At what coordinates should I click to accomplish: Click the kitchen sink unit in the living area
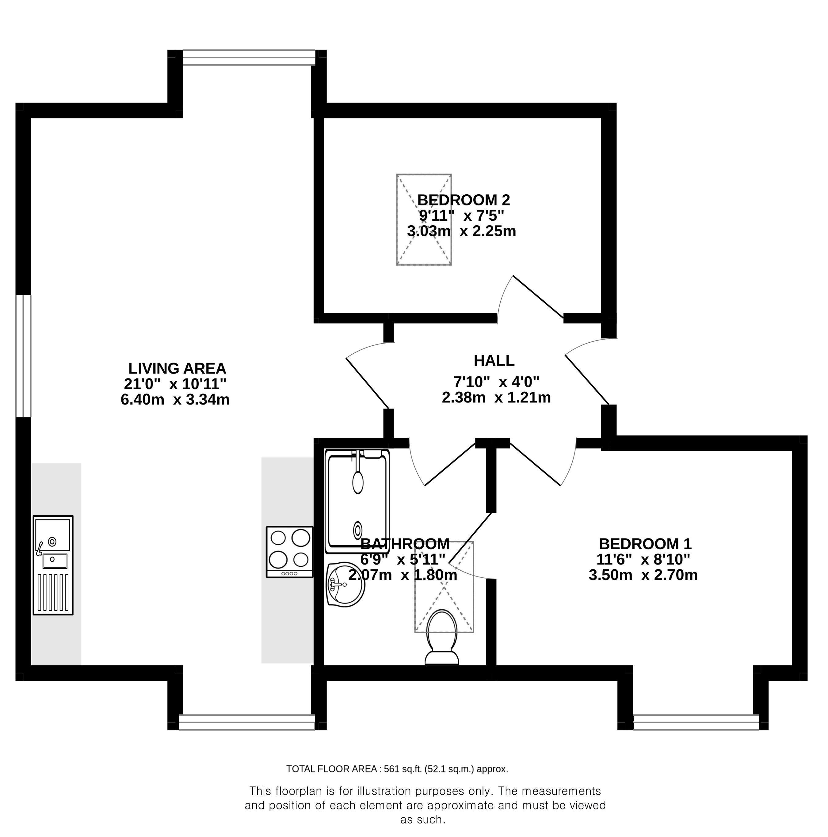tap(53, 565)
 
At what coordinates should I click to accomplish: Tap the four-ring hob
tap(289, 551)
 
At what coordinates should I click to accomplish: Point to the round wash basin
tap(345, 584)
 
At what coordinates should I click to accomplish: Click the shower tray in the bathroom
tap(357, 501)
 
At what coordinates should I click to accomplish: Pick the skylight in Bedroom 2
tap(424, 220)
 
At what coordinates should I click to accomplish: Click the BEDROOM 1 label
tap(645, 543)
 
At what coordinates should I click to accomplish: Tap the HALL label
tap(494, 360)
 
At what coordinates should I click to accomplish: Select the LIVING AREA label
tap(177, 368)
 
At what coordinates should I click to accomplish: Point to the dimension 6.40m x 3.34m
tap(175, 399)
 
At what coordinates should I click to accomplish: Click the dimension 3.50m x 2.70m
tap(643, 575)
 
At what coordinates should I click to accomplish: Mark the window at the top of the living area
tap(249, 58)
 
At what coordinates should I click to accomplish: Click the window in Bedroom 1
tap(696, 722)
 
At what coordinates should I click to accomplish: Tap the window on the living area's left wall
tap(23, 356)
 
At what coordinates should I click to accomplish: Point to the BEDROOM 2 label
tap(464, 200)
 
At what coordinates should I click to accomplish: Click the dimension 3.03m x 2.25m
tap(461, 231)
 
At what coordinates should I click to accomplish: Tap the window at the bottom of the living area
tap(247, 722)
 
